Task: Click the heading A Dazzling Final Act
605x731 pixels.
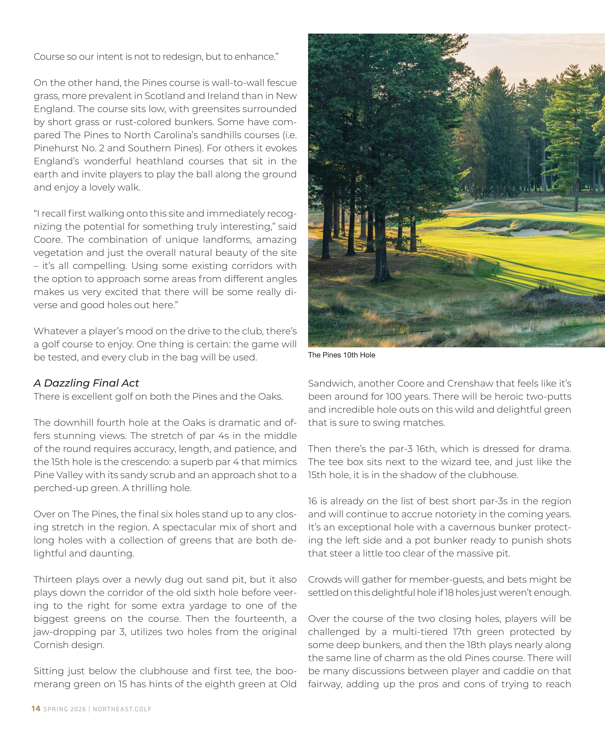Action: (86, 383)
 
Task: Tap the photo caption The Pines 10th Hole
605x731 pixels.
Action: (341, 355)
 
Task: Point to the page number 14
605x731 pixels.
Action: (36, 709)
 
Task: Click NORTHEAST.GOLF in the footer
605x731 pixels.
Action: (122, 709)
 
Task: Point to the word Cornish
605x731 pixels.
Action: (50, 645)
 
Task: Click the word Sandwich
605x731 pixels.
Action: (330, 383)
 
